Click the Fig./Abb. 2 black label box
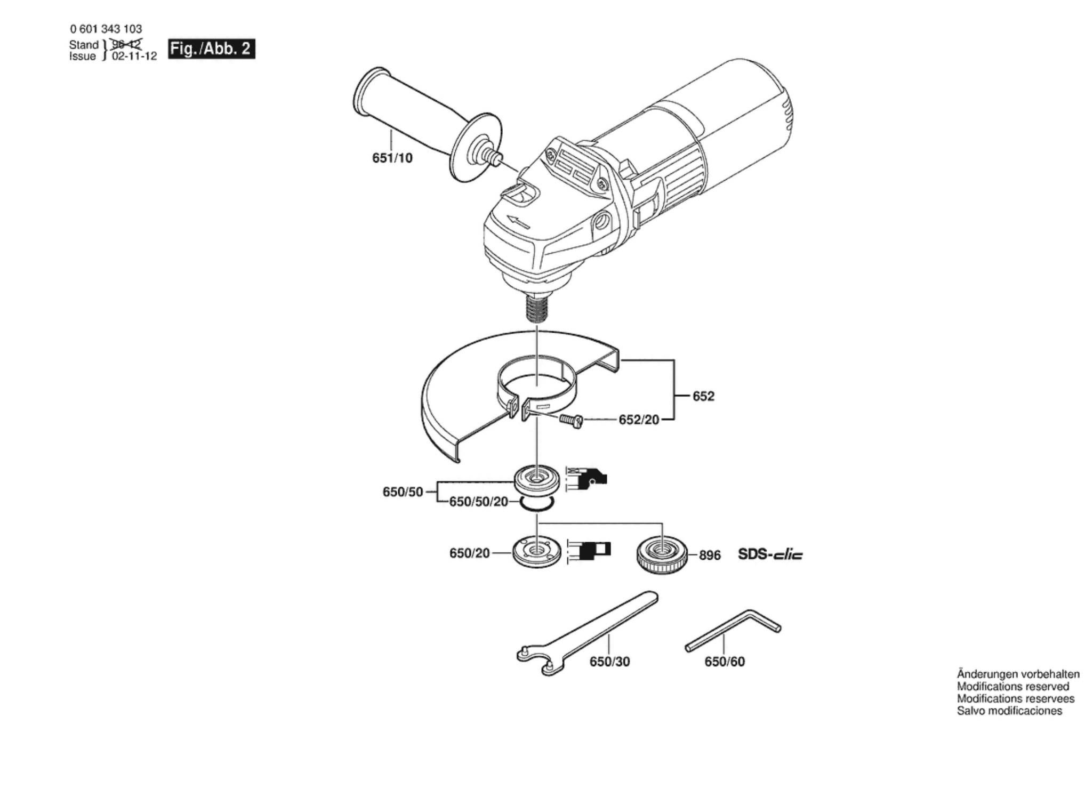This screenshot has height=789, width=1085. (x=211, y=49)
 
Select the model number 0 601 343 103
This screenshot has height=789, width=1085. (x=106, y=29)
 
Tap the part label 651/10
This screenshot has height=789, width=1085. (x=392, y=158)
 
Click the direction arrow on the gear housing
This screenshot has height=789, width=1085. (x=517, y=222)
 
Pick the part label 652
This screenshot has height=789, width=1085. (x=703, y=396)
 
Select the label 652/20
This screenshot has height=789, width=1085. (x=638, y=420)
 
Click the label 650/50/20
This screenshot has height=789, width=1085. (x=478, y=502)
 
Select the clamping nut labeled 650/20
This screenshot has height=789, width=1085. (x=536, y=553)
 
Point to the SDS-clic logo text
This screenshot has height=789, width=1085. (x=769, y=554)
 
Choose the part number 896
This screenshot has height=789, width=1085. (x=710, y=555)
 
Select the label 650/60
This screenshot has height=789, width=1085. (x=724, y=662)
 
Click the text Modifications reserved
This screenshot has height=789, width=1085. (x=1012, y=687)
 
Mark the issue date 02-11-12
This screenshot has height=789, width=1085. (x=134, y=57)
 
